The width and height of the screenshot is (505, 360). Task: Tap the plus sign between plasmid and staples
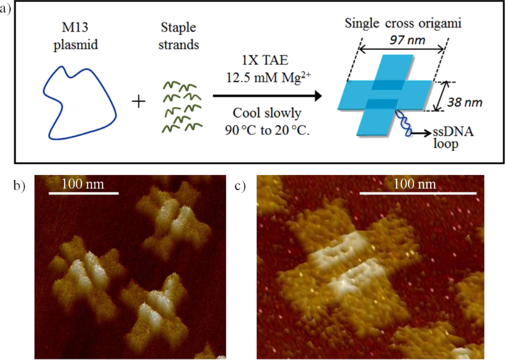coord(138,101)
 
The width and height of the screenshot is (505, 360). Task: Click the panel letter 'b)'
coord(19,185)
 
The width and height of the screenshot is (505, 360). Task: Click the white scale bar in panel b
coord(83,193)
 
